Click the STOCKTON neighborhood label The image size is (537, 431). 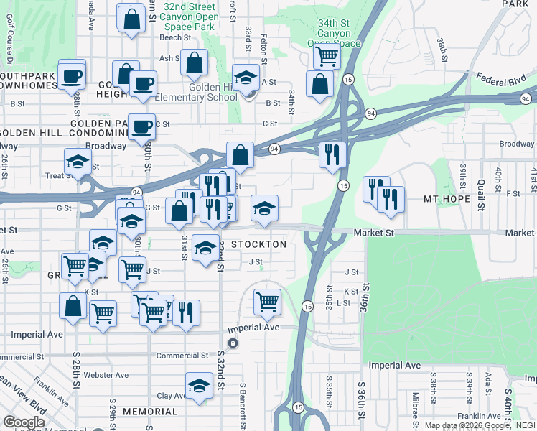tap(258, 244)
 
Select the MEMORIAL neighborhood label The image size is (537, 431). tap(149, 412)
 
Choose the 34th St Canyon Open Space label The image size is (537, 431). tap(334, 34)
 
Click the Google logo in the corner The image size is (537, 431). tap(24, 422)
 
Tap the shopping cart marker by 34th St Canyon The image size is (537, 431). tap(327, 55)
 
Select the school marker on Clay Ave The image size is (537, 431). tap(199, 386)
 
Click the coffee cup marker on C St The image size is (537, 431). tap(141, 126)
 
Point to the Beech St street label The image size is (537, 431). tap(174, 37)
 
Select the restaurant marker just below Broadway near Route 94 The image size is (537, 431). tap(332, 154)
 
